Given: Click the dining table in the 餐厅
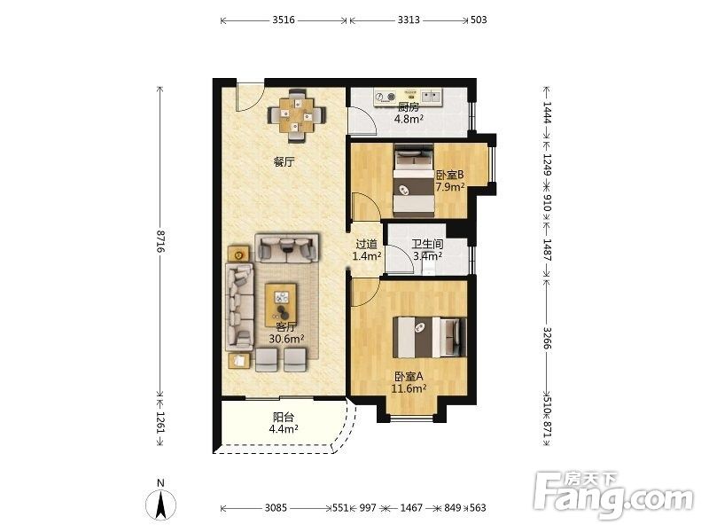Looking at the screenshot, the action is [x=297, y=116].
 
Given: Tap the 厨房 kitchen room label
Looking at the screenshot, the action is [x=409, y=107].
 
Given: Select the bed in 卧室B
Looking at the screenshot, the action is [x=414, y=181].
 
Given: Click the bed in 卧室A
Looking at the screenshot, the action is [x=429, y=337].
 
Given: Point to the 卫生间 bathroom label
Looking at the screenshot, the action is [x=427, y=245].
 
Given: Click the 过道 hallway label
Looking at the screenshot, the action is [x=366, y=245].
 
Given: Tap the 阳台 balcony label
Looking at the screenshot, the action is [x=284, y=417].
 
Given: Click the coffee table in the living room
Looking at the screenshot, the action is [x=281, y=304].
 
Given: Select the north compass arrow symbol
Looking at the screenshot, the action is [x=160, y=504].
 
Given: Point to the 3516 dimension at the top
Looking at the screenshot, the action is [x=284, y=20].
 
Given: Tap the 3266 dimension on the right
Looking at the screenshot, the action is [x=547, y=338].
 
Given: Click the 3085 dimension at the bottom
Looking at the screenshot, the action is [x=276, y=508].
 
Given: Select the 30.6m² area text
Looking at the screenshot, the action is [x=286, y=339].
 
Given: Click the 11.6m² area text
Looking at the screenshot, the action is [x=409, y=388].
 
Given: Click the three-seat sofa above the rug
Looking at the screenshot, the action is [x=286, y=247].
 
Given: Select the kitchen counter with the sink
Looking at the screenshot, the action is [x=409, y=98].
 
